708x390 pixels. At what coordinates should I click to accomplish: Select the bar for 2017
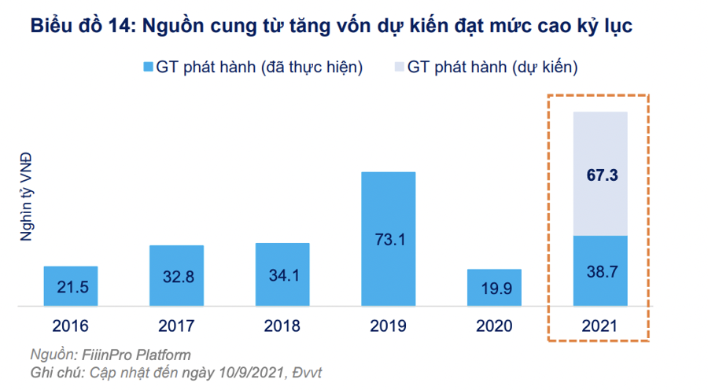(x=176, y=274)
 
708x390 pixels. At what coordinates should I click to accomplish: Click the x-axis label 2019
(x=389, y=326)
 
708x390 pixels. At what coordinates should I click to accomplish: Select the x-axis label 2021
(x=600, y=326)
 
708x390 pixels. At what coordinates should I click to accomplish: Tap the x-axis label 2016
(x=71, y=326)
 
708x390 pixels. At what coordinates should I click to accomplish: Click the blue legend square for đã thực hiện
(x=146, y=68)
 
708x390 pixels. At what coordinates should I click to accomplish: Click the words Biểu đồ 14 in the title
(x=79, y=26)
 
